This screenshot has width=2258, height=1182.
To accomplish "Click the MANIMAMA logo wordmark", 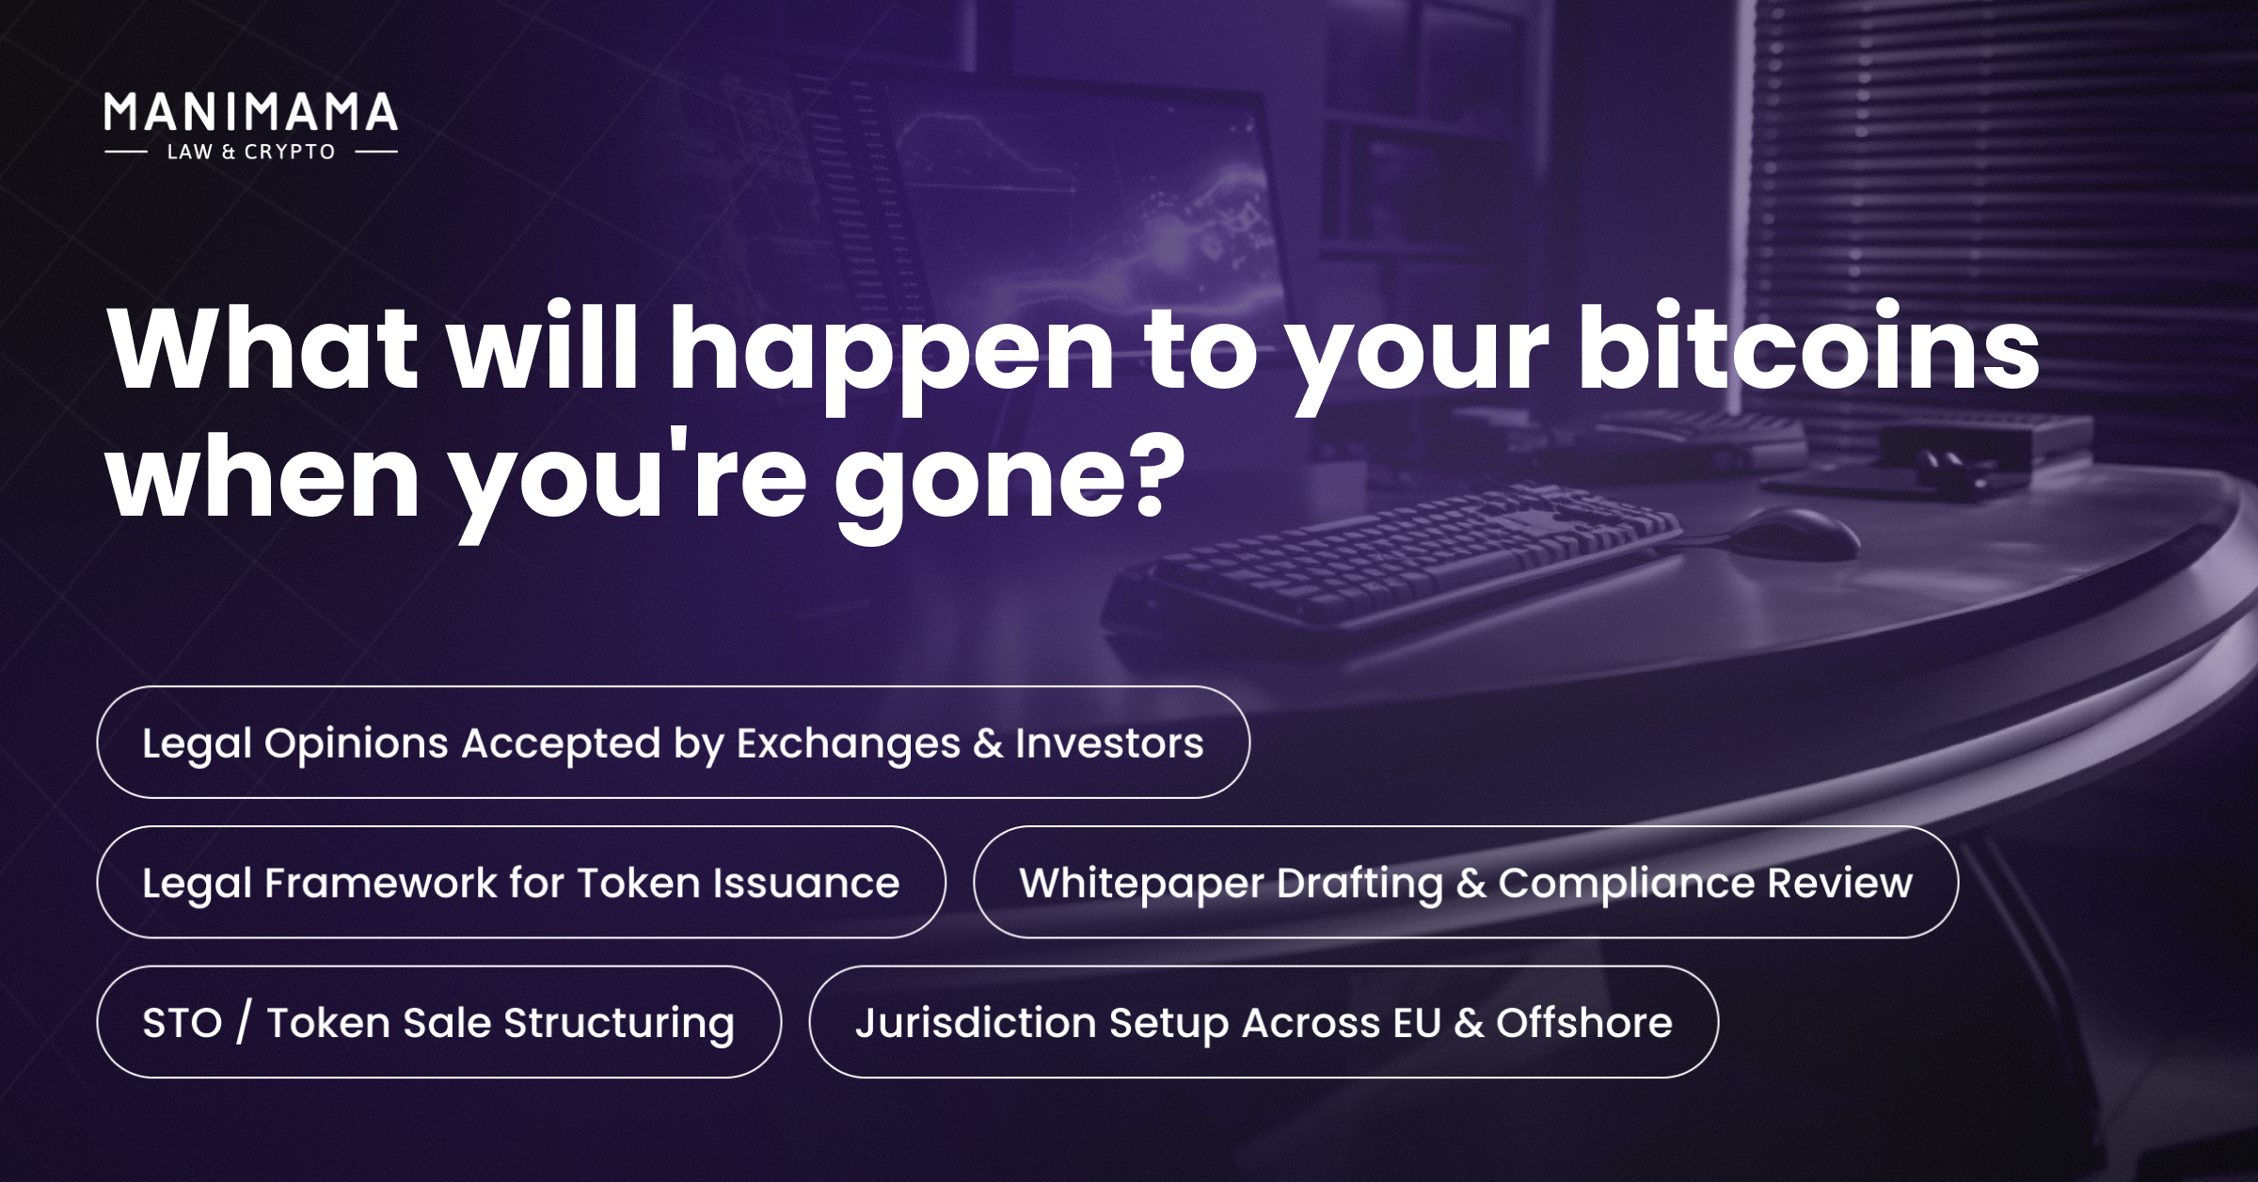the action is (x=250, y=112).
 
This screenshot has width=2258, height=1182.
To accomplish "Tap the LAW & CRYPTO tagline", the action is (x=251, y=152).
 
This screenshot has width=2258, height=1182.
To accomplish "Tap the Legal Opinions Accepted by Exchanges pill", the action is (x=674, y=743).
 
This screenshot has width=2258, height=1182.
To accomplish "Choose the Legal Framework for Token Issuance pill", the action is (x=521, y=882).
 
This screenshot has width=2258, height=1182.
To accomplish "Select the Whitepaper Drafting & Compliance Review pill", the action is (x=1466, y=882).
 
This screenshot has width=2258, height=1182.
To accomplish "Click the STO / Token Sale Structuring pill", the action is (x=439, y=1022).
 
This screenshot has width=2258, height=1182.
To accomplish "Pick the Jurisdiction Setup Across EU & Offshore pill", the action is (x=1264, y=1022).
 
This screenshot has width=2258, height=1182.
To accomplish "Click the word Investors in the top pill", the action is (x=1109, y=743).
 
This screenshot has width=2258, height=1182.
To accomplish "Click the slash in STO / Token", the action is (x=244, y=1023).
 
